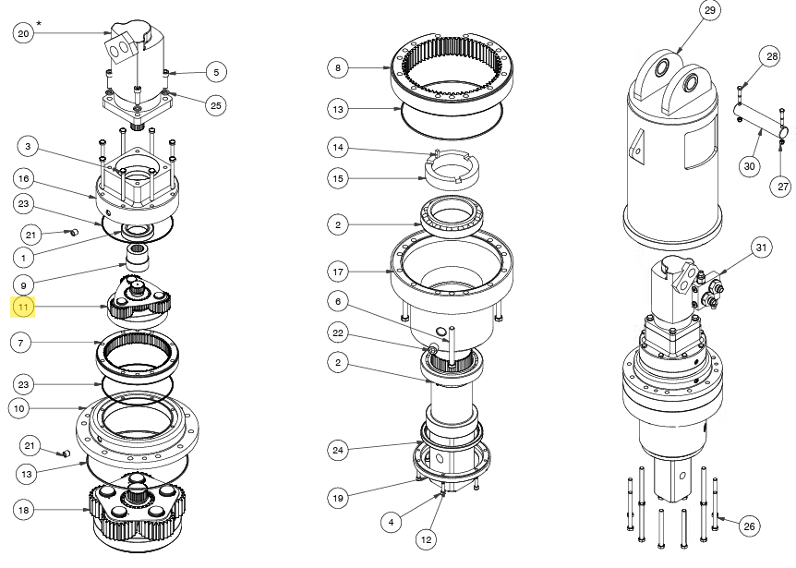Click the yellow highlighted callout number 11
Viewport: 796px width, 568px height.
pyautogui.click(x=23, y=307)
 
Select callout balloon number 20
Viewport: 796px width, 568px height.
pyautogui.click(x=23, y=33)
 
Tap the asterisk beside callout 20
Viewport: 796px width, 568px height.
pyautogui.click(x=39, y=22)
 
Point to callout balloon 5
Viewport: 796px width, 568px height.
pyautogui.click(x=215, y=71)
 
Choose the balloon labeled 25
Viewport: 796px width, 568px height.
pyautogui.click(x=215, y=105)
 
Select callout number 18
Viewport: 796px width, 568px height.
pyautogui.click(x=23, y=509)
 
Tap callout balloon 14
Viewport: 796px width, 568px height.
pyautogui.click(x=339, y=147)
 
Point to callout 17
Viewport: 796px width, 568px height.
pyautogui.click(x=339, y=272)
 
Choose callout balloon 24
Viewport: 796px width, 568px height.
pyautogui.click(x=339, y=450)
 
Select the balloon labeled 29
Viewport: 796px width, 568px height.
pyautogui.click(x=709, y=11)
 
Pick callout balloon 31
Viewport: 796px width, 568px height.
pyautogui.click(x=760, y=248)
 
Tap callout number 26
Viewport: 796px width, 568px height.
pyautogui.click(x=749, y=526)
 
